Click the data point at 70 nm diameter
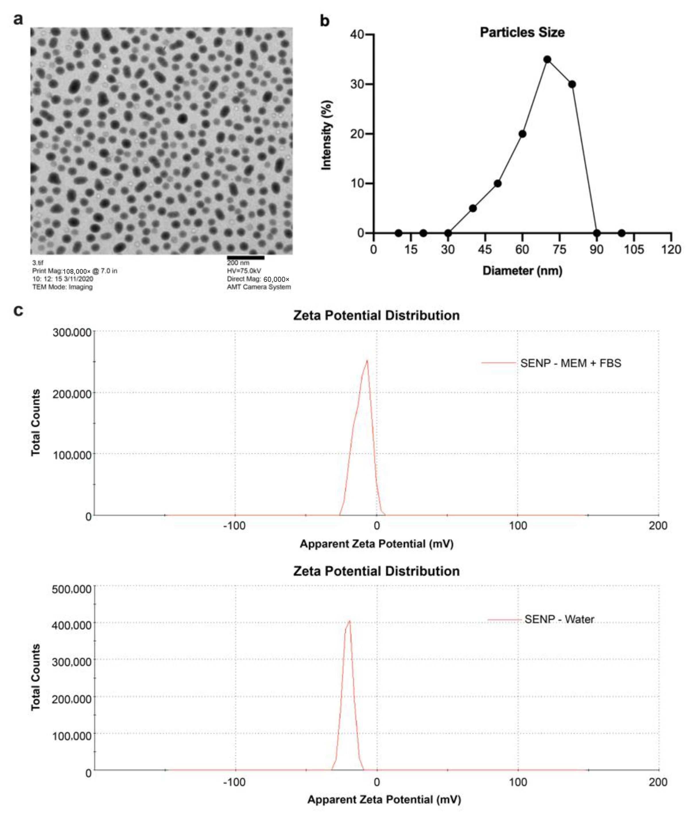547,59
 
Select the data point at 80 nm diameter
572,84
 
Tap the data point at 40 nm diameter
473,208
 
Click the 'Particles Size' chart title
522,32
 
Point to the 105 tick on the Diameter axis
634,249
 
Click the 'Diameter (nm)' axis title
522,271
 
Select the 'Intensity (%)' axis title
327,135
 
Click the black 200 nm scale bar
246,257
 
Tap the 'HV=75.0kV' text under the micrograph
244,271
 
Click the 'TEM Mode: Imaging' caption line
63,287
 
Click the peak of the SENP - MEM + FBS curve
367,360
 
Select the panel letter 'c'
18,310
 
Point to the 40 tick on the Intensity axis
357,34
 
